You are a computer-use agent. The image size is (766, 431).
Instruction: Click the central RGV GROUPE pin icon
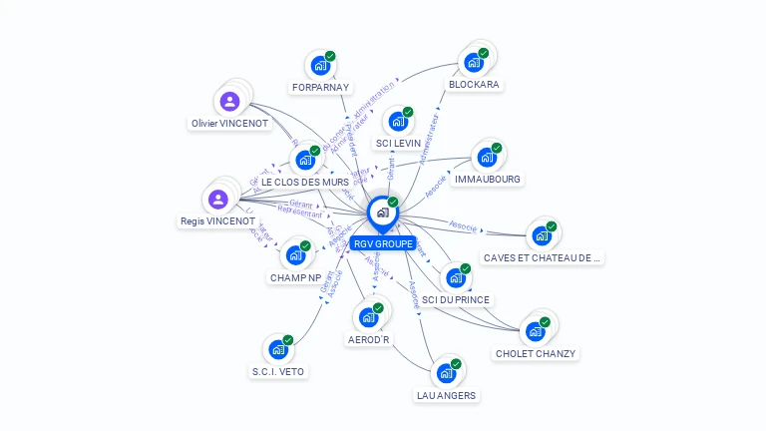pyautogui.click(x=381, y=213)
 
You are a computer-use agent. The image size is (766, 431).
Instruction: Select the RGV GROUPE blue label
pyautogui.click(x=382, y=243)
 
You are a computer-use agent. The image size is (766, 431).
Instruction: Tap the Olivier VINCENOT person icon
pyautogui.click(x=229, y=102)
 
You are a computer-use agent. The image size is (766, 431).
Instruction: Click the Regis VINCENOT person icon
pyautogui.click(x=218, y=199)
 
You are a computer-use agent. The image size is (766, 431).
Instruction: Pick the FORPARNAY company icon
pyautogui.click(x=320, y=66)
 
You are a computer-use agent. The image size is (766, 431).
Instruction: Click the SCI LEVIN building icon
pyautogui.click(x=398, y=122)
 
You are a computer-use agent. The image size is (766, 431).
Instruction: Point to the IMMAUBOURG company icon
pyautogui.click(x=487, y=158)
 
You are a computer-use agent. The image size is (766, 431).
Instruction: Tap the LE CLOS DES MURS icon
pyautogui.click(x=305, y=160)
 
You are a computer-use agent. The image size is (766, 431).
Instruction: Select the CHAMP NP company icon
pyautogui.click(x=295, y=254)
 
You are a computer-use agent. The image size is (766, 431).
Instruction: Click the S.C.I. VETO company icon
pyautogui.click(x=278, y=350)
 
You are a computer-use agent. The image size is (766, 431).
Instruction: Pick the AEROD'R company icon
pyautogui.click(x=368, y=317)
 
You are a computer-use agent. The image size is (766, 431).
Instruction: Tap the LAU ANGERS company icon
pyautogui.click(x=446, y=374)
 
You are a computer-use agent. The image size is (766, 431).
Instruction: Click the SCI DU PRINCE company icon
pyautogui.click(x=456, y=278)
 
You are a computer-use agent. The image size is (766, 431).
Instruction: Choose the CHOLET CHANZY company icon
pyautogui.click(x=536, y=330)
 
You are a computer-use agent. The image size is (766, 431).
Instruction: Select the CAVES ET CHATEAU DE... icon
pyautogui.click(x=542, y=235)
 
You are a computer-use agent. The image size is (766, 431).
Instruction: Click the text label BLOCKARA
pyautogui.click(x=474, y=85)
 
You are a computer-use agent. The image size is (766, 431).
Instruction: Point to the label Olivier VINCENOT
pyautogui.click(x=229, y=124)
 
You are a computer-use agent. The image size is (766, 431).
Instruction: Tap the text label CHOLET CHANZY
pyautogui.click(x=536, y=353)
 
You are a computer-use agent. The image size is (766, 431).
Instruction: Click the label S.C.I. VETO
pyautogui.click(x=278, y=372)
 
